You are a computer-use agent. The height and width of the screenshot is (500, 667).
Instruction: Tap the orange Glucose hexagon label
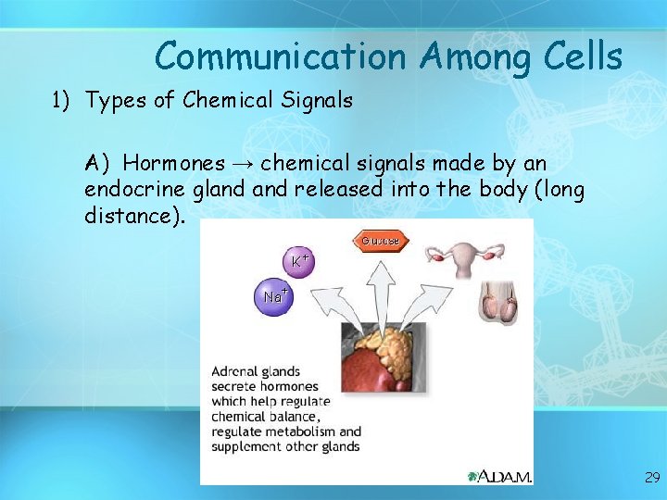pos(379,241)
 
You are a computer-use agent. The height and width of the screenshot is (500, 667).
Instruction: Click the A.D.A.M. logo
pos(499,476)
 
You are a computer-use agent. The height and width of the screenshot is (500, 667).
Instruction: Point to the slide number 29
pos(652,478)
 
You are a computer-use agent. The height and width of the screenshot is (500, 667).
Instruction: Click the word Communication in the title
pos(281,57)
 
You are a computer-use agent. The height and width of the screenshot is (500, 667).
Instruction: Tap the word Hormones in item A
pos(173,164)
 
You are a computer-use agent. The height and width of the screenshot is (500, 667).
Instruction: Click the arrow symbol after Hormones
pos(243,164)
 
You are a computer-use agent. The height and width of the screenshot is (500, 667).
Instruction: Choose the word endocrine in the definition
pos(131,190)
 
